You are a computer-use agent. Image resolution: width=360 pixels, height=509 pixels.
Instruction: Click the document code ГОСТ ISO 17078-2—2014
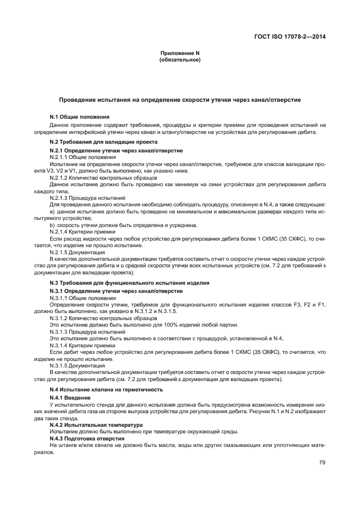pos(293,38)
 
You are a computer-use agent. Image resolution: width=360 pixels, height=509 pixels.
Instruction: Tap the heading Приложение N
pos(180,53)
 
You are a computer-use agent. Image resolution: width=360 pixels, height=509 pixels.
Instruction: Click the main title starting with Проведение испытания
pos(180,100)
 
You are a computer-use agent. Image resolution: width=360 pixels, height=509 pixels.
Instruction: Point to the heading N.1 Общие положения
pos(80,116)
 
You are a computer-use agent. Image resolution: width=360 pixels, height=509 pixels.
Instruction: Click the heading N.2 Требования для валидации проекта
pos(96,142)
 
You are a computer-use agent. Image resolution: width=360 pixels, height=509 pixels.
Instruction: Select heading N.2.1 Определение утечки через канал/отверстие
pos(116,150)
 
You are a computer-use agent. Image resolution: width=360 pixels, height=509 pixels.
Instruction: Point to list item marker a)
pos(52,211)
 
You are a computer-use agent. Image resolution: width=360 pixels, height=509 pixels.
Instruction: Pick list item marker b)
pos(52,224)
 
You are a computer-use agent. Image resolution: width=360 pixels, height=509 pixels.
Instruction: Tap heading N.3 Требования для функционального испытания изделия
pos(129,283)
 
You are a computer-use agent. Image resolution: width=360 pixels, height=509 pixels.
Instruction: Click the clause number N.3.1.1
pos(60,298)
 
